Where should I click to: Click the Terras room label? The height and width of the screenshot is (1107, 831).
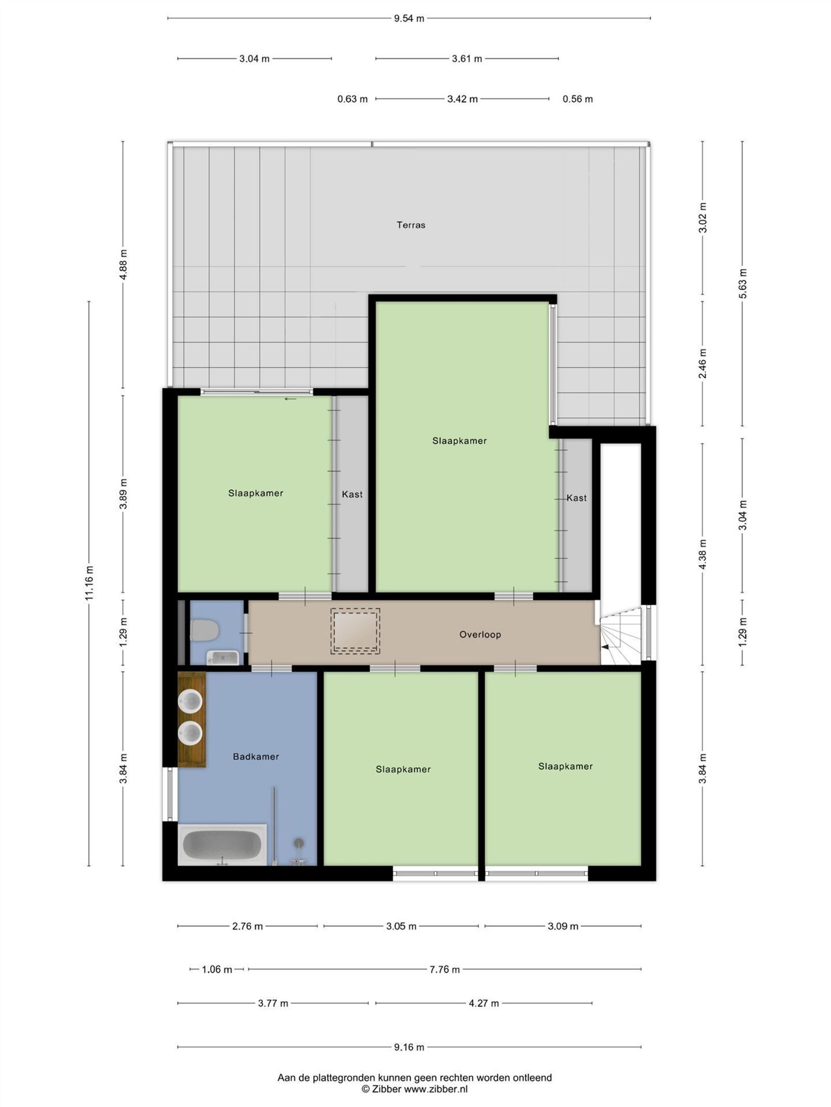coord(411,225)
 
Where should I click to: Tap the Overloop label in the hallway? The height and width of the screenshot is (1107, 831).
coord(480,634)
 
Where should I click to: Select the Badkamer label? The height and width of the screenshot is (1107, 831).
coord(256,757)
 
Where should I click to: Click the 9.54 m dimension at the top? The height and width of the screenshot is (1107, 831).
coord(409,19)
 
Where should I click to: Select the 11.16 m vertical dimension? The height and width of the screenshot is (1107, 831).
coord(89,581)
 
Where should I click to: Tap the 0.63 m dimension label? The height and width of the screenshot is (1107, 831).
coord(352,99)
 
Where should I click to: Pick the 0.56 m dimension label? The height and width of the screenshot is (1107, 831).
coord(578,99)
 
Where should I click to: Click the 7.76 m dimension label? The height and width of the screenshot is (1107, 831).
coord(445,969)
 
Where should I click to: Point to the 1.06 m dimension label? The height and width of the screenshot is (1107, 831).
coord(217,969)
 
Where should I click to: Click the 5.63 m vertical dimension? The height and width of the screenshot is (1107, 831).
coord(743,283)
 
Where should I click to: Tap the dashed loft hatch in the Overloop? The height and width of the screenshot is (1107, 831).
coord(355,631)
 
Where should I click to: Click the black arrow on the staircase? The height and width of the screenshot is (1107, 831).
coord(605,647)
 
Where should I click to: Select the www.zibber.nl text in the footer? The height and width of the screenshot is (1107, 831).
coord(436,1089)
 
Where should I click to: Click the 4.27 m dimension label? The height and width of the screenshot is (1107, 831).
coord(484,1003)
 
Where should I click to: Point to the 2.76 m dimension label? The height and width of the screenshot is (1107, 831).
coord(247,926)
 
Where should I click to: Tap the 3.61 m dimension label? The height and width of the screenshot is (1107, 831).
coord(466,59)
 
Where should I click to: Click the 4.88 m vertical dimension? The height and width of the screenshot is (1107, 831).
coord(123,265)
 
